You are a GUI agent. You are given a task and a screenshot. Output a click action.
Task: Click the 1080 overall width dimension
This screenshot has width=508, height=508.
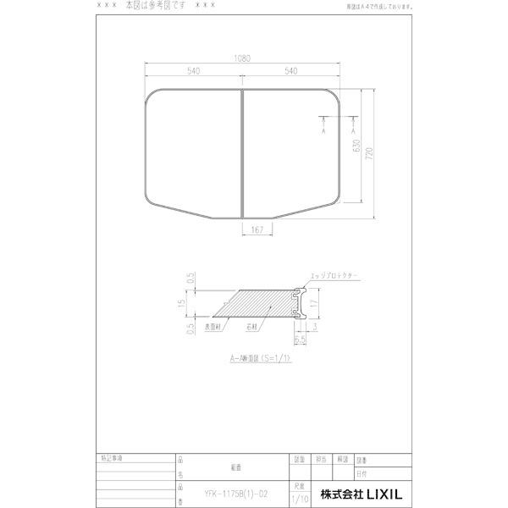tap(243, 60)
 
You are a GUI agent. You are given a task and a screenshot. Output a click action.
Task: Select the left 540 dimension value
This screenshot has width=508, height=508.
tap(194, 72)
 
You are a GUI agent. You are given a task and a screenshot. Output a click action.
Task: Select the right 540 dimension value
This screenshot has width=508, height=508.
tap(291, 72)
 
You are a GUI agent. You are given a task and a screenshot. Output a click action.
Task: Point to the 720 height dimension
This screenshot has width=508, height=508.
tap(369, 152)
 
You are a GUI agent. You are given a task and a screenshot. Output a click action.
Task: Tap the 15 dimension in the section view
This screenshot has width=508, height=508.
tap(192, 303)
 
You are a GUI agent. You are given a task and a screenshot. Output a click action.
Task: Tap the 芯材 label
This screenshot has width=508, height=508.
tap(253, 325)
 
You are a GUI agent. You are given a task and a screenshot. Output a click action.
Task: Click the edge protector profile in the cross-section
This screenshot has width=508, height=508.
tap(299, 302)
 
